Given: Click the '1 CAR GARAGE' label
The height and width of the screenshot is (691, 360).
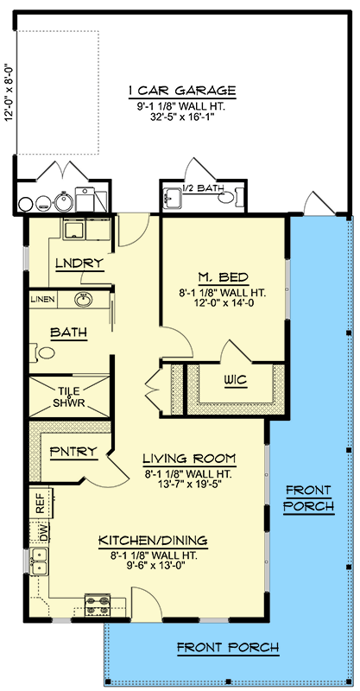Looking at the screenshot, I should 181,91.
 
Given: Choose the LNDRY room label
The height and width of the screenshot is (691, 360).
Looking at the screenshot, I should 79,263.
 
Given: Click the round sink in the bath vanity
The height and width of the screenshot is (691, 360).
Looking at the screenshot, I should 84,300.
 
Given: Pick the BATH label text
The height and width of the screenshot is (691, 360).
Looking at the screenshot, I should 66,332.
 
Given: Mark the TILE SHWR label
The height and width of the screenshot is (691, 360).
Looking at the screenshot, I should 69,396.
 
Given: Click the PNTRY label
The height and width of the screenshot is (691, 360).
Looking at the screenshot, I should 66,451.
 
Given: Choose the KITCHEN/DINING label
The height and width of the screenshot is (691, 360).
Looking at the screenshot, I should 152,540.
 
